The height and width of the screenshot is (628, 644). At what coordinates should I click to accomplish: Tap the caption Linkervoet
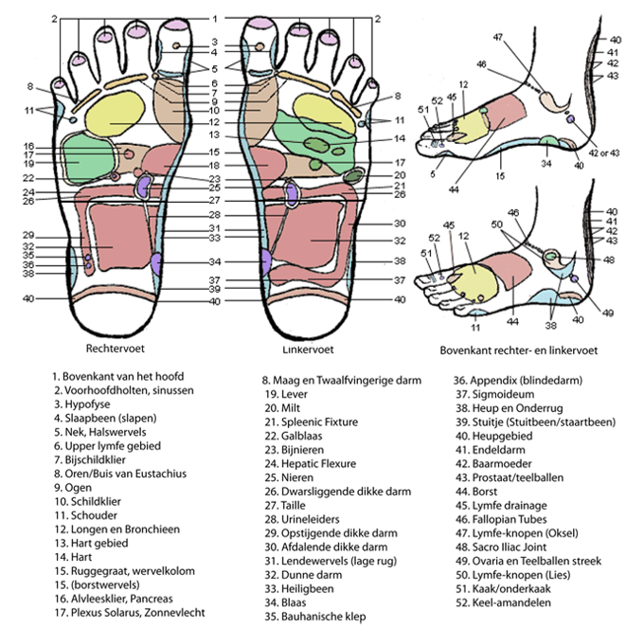point(283,324)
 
